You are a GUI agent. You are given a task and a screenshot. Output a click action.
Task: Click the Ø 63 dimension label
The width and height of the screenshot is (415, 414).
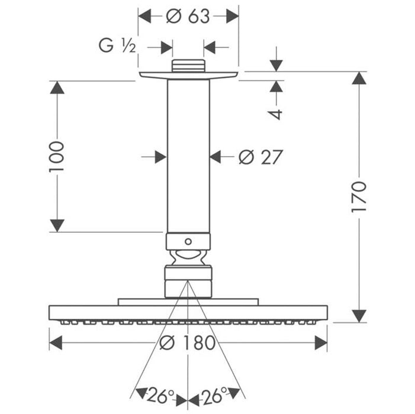click(x=188, y=17)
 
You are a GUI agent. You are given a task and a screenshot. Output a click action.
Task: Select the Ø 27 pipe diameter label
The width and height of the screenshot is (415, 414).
click(x=260, y=157)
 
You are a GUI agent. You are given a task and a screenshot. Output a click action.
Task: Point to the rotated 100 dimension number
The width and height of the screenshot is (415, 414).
click(x=56, y=156)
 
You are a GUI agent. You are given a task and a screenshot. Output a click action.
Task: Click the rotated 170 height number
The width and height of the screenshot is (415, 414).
click(x=359, y=197)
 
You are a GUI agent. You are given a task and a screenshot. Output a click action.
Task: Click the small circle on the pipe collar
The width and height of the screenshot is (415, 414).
click(x=188, y=241)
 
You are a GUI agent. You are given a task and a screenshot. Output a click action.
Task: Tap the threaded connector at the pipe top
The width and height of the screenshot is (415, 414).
click(x=188, y=65)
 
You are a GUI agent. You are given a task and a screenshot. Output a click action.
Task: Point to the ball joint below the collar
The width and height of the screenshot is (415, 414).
click(x=188, y=257)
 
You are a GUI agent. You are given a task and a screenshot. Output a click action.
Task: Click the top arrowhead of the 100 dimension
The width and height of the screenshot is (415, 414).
click(x=57, y=88)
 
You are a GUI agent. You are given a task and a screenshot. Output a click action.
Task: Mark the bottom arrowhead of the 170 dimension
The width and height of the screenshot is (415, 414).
click(x=359, y=316)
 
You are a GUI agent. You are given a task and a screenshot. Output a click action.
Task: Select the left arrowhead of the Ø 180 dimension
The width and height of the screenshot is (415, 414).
click(x=56, y=342)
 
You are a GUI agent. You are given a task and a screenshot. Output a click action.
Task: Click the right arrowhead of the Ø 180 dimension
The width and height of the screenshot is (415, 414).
click(x=321, y=342)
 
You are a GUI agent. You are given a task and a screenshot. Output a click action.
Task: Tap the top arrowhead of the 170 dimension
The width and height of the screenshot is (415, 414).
click(x=359, y=78)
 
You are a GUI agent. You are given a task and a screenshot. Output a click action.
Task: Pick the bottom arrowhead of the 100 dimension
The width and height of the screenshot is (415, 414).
click(x=57, y=225)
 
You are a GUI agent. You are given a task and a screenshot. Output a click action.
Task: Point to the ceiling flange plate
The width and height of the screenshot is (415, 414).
click(x=188, y=75)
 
